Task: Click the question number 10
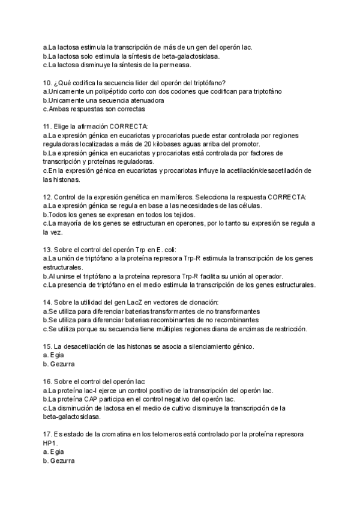(x=47, y=82)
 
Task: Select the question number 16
(x=47, y=382)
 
